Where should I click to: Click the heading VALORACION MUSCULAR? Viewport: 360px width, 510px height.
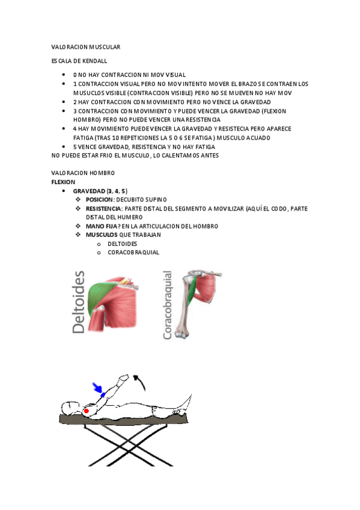pos(86,46)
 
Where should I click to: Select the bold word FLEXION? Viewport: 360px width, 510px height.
pos(63,181)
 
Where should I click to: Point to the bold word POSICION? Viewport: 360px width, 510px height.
pos(99,199)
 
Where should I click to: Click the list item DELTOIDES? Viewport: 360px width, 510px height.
pos(122,244)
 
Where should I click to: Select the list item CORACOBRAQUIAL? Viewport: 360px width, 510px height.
pos(133,253)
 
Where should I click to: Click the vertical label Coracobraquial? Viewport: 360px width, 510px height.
pos(168,306)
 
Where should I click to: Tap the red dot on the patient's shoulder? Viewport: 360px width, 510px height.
pos(87,411)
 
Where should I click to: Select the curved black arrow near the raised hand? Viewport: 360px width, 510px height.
pos(139,381)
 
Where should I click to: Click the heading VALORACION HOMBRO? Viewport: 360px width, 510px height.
pos(83,173)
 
